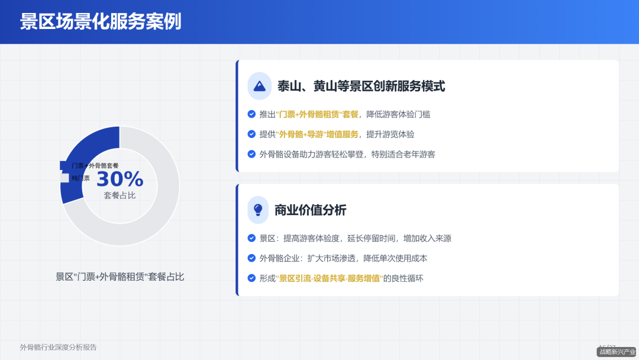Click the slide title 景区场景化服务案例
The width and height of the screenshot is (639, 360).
click(101, 22)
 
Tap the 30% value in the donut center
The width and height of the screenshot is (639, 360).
click(120, 178)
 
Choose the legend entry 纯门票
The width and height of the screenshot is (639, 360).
click(80, 178)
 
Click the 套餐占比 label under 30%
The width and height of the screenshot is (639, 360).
click(120, 195)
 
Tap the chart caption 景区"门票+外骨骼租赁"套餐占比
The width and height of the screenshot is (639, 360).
click(120, 277)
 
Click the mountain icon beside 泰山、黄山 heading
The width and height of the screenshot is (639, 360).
click(259, 86)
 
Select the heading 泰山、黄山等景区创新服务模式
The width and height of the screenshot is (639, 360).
click(361, 86)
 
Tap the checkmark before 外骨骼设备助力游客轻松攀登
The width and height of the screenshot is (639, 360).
click(251, 154)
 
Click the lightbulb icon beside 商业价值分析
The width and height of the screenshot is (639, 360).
click(258, 210)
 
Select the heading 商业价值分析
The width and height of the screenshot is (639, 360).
click(310, 210)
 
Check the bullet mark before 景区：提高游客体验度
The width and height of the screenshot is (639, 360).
click(251, 238)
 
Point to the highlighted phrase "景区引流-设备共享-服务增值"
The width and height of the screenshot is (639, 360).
click(329, 278)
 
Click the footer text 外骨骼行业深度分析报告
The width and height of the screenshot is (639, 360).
click(59, 348)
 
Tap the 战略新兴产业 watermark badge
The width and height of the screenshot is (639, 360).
click(617, 352)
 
